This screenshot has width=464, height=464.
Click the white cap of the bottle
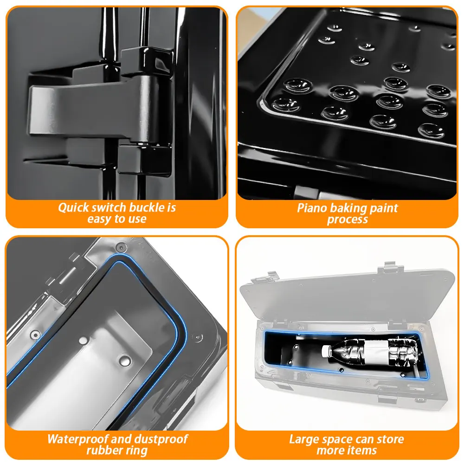coord(326,351)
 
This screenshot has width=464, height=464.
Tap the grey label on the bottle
coord(375,351)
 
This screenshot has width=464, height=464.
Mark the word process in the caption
coord(348,220)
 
